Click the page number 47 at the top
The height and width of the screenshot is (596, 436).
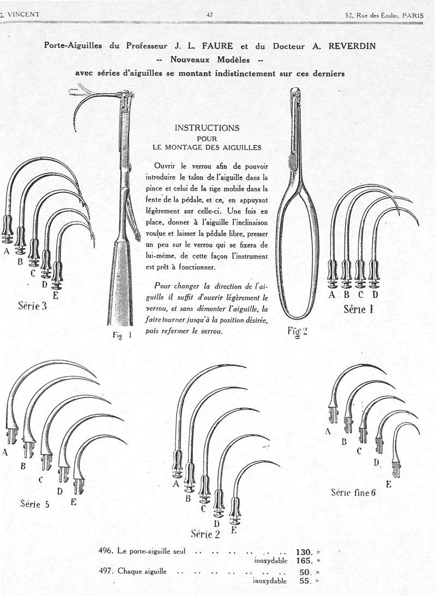pos(210,15)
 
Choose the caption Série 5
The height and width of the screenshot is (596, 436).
pos(35,503)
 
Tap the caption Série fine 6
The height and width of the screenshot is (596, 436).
pos(353,493)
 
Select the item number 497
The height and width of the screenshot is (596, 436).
pos(106,572)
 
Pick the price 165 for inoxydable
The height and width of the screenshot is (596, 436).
pos(304,560)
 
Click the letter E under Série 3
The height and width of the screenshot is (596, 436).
pos(55,296)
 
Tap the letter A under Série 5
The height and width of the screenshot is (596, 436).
pos(5,452)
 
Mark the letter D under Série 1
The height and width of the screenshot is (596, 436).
pos(375,295)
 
